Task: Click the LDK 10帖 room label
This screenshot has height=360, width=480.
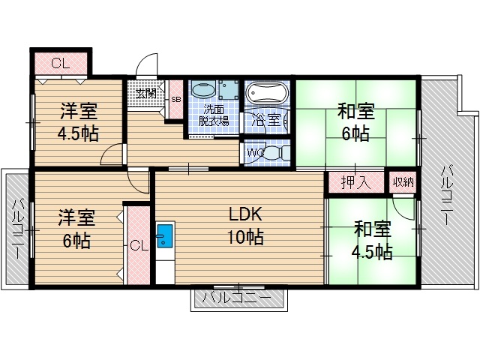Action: point(245,226)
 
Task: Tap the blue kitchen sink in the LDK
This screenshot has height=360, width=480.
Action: point(164,238)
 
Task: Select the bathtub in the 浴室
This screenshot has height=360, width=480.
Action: point(267,95)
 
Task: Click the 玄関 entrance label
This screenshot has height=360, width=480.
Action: point(146,94)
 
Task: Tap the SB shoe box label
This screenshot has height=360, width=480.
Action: point(175,99)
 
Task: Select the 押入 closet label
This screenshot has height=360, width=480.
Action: point(354,182)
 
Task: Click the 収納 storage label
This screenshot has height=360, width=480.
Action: point(399,181)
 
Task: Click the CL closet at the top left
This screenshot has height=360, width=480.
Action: point(60,64)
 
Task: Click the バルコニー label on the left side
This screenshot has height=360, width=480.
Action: point(16,229)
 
